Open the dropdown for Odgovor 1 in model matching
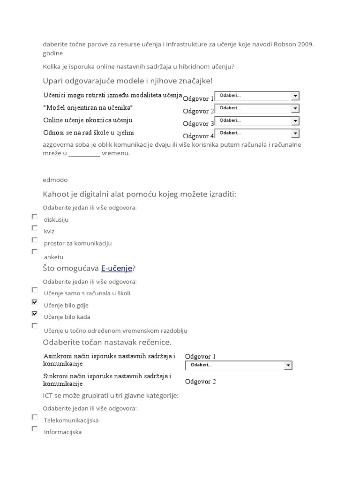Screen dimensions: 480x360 (256, 96)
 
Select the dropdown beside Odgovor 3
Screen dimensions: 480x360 (256, 121)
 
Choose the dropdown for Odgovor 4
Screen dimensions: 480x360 (256, 133)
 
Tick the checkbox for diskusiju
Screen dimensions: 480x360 (34, 217)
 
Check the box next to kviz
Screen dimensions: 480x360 (34, 228)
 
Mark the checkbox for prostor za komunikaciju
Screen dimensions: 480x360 (34, 240)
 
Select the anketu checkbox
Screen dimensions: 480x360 (34, 252)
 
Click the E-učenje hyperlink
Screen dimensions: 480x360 (117, 268)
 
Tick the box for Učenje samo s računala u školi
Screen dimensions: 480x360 (34, 290)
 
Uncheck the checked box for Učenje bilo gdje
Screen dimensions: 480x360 (34, 302)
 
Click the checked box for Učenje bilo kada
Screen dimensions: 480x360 (34, 314)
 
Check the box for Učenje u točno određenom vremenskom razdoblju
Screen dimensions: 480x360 (34, 325)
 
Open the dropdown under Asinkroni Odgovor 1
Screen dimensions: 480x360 (239, 365)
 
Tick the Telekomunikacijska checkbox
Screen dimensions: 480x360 (34, 417)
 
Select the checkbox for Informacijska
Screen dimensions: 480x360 (34, 428)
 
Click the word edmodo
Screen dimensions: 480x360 (55, 180)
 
